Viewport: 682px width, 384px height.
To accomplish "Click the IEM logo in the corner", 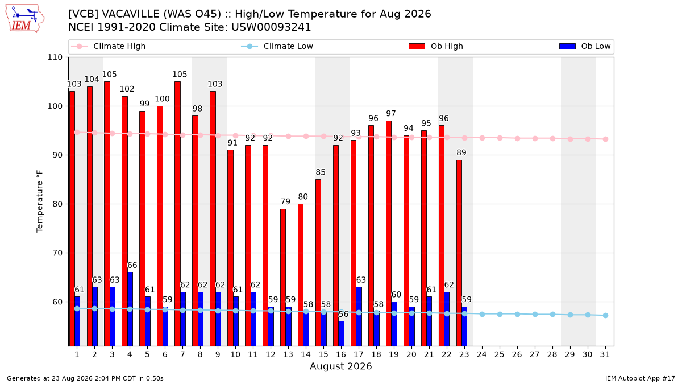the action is point(24,19).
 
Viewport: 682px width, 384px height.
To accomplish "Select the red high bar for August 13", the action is point(283,278).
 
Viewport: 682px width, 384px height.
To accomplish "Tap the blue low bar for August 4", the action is point(130,309).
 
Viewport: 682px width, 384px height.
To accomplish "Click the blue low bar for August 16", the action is point(342,333).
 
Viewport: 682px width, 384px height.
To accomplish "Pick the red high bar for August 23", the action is point(459,253).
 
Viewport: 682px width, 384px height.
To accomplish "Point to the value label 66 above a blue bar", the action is point(132,265).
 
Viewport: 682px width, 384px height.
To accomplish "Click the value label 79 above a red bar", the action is point(285,201).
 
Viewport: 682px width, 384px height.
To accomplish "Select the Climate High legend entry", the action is point(108,46).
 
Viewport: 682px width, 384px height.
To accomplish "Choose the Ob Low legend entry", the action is point(585,46).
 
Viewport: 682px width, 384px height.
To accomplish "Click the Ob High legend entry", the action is point(436,46).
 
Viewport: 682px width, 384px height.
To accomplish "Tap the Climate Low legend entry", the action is point(277,46).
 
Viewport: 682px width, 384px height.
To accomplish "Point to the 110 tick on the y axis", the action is point(55,57).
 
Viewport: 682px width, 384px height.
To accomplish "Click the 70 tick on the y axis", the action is point(57,253).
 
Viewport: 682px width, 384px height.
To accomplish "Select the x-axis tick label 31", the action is point(605,354).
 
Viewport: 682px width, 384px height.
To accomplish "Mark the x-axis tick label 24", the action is point(482,354).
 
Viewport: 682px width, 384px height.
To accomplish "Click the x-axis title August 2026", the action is point(340,366).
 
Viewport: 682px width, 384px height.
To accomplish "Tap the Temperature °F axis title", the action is point(40,201).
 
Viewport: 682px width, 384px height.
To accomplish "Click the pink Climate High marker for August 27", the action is point(535,138).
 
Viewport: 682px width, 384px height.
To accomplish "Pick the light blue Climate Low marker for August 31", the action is point(606,315).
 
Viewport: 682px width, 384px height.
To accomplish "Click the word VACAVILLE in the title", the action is point(131,14).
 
